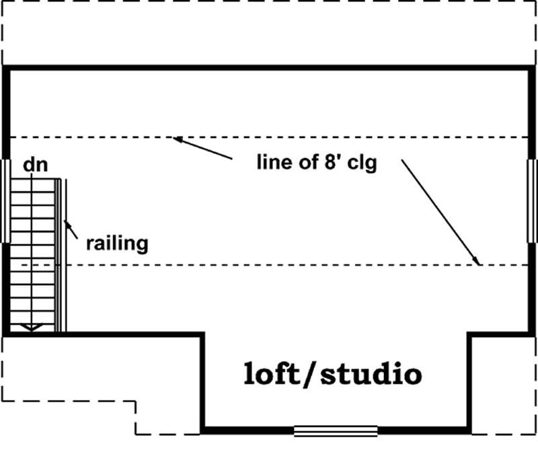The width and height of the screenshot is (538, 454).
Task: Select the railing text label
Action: click(x=116, y=242)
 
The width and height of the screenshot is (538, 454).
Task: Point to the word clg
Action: click(x=361, y=165)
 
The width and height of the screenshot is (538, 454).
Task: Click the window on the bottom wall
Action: click(x=336, y=430)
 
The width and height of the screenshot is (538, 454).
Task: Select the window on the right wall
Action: click(x=531, y=200)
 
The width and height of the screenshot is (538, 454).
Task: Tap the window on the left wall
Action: click(x=6, y=200)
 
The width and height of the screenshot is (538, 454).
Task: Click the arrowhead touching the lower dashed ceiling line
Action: click(x=477, y=261)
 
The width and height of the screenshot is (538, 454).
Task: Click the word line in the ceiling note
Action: click(x=272, y=163)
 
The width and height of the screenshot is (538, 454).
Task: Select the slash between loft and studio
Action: click(x=309, y=375)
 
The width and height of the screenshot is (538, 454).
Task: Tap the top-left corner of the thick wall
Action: click(x=6, y=67)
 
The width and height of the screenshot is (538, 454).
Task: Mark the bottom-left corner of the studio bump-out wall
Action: click(x=202, y=430)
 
